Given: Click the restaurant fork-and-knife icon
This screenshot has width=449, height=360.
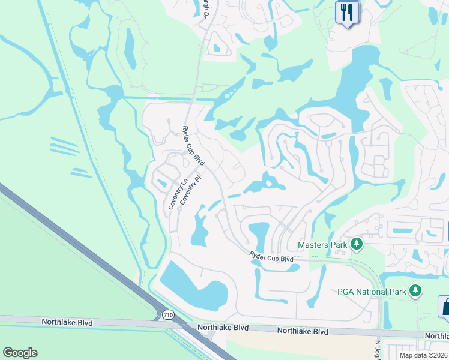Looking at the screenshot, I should tap(346, 13).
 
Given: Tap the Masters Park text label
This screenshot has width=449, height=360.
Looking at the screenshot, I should tap(322, 245).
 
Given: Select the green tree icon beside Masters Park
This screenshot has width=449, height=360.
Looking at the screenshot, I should tap(357, 244).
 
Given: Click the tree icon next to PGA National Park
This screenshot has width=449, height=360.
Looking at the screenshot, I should tap(415, 291).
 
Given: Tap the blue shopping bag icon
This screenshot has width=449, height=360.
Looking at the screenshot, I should tap(445, 307).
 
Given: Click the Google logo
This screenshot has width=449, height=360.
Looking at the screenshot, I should tap(20, 353).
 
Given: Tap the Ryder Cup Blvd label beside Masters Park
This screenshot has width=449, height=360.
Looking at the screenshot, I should tap(271, 258).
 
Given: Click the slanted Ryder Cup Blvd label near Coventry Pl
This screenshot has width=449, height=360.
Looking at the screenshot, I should tap(193, 147).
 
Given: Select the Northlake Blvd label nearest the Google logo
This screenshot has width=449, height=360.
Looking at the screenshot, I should tap(67, 322).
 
